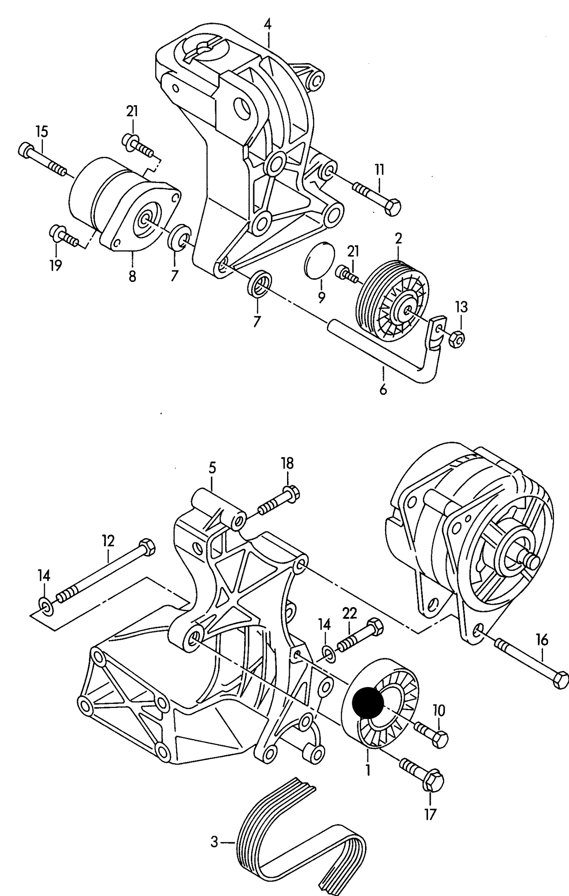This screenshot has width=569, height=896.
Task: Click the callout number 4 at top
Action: (267, 24)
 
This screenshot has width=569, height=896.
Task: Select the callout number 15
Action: (41, 131)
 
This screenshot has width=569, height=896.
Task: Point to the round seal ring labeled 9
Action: (320, 260)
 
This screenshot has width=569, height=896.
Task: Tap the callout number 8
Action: (132, 276)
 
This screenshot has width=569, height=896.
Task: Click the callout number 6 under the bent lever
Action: (383, 389)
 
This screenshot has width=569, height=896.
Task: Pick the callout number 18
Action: (287, 463)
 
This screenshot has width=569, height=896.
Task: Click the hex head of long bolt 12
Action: (147, 548)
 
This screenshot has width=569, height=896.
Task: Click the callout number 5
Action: (212, 468)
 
